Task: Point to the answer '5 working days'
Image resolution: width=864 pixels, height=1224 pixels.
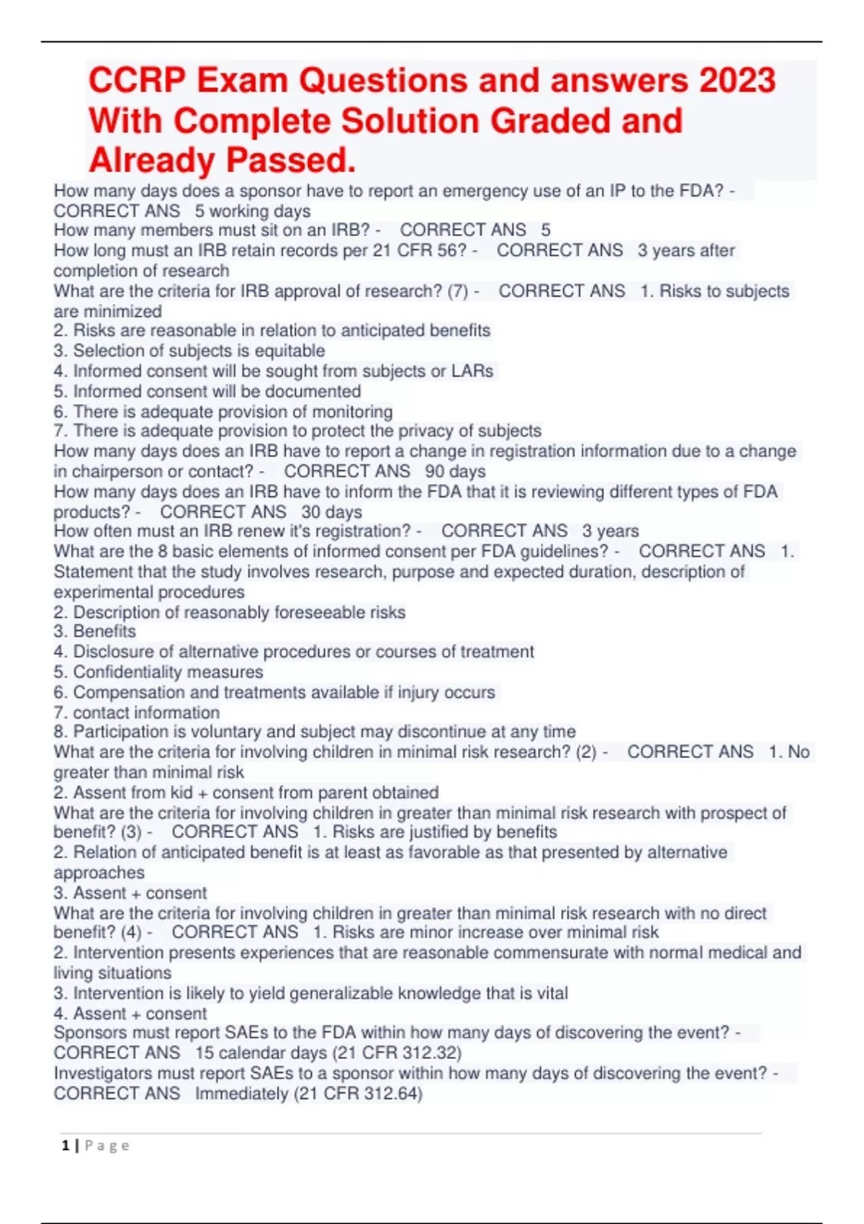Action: pyautogui.click(x=253, y=211)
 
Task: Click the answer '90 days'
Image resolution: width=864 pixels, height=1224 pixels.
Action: pyautogui.click(x=455, y=472)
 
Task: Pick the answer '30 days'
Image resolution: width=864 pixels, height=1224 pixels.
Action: pyautogui.click(x=331, y=512)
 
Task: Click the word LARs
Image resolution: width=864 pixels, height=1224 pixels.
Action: pyautogui.click(x=472, y=372)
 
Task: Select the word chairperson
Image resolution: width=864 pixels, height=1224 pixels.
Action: pyautogui.click(x=127, y=472)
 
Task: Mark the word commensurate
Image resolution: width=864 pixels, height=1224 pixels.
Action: pyautogui.click(x=569, y=953)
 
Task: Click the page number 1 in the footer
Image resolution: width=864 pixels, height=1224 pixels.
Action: pyautogui.click(x=66, y=1146)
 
